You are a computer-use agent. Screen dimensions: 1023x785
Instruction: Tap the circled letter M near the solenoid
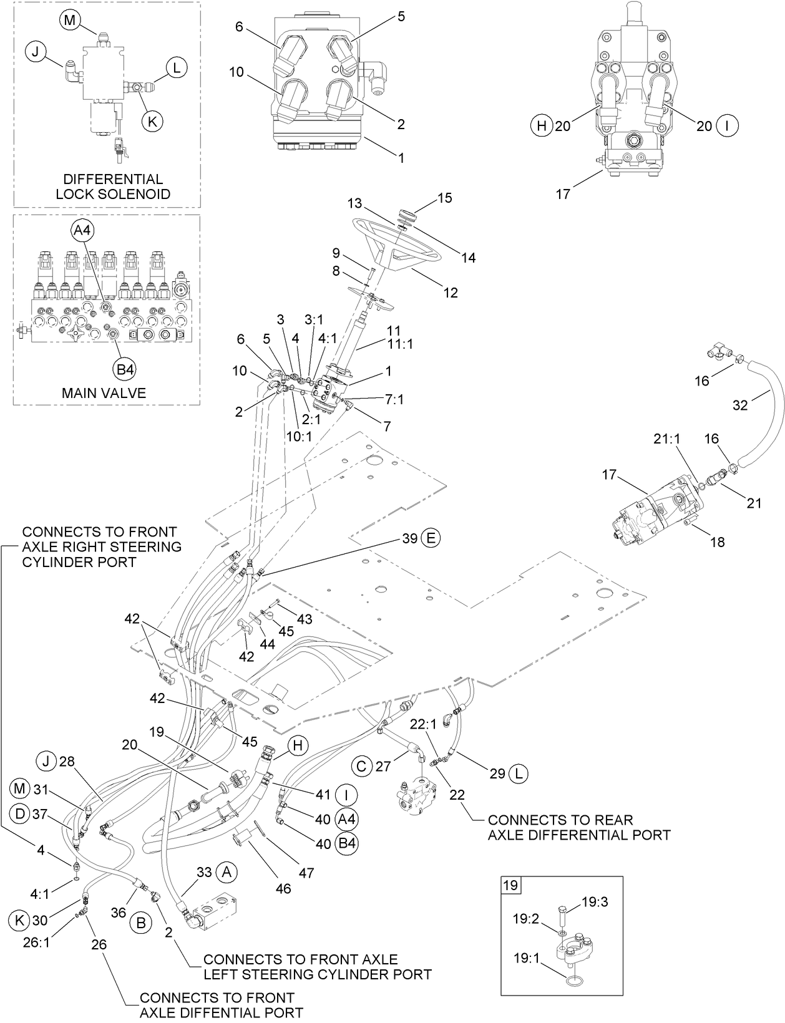pos(70,20)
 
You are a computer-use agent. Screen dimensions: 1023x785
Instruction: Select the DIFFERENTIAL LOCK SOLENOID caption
pos(112,187)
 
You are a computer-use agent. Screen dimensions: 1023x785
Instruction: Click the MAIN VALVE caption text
pos(104,393)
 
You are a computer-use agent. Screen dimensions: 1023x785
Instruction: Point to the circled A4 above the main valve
pos(82,230)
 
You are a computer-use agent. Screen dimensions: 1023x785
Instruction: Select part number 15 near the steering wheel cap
pos(444,198)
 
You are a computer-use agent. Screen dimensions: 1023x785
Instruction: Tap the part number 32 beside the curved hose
pos(739,405)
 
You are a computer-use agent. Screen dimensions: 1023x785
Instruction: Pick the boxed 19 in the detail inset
pos(510,885)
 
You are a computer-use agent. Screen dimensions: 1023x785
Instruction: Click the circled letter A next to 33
pos(227,873)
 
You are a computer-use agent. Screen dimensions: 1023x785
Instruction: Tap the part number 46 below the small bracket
pos(283,888)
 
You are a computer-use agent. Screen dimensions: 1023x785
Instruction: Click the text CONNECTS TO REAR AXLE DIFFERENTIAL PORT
pos(578,827)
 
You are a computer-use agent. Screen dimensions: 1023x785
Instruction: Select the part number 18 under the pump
pos(718,541)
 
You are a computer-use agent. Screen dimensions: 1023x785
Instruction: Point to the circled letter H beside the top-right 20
pos(541,126)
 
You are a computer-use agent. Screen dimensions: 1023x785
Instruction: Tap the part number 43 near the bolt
pos(304,619)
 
